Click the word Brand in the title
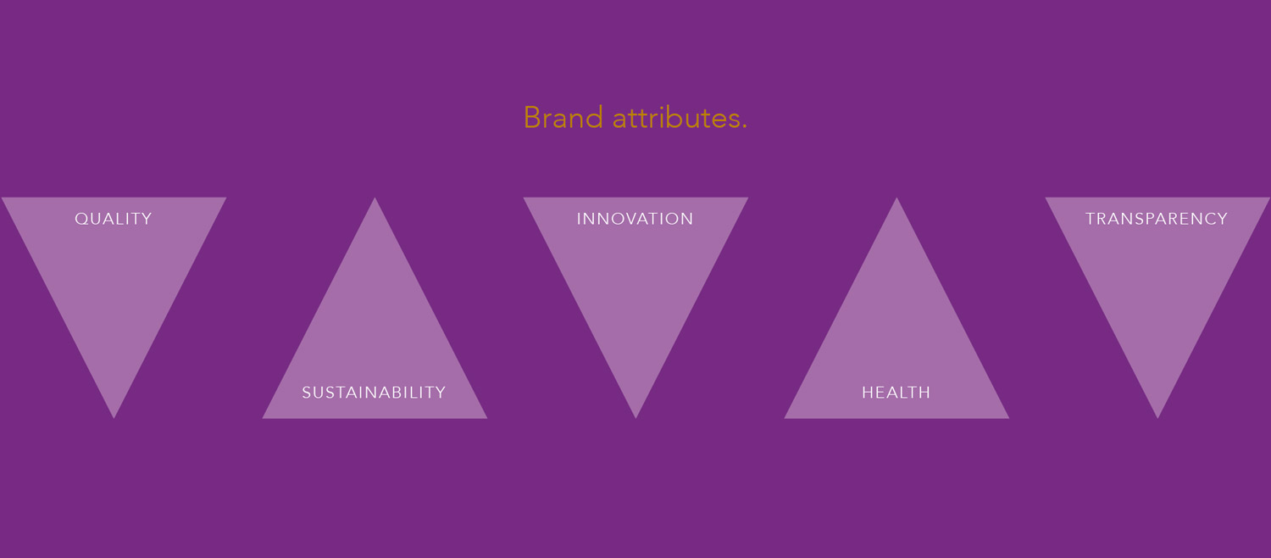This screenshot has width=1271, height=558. pos(563,118)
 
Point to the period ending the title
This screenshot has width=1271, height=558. pos(745,127)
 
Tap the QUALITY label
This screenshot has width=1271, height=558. pos(114,219)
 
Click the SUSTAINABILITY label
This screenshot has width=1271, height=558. pos(374,393)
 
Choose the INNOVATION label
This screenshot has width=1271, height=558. pos(635,219)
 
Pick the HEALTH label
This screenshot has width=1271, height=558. pos(896,393)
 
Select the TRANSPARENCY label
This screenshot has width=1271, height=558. pos(1157,219)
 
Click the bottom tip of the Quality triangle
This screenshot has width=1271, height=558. pos(114,418)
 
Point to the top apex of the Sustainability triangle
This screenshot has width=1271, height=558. pos(375,198)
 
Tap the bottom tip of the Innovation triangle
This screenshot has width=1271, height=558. pos(635,418)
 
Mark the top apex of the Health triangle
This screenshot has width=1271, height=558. pos(896,198)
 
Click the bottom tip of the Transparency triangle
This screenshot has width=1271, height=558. pos(1157,418)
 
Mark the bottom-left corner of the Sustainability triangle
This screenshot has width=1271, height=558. pos(262,418)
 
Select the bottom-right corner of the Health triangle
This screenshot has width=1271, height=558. pos(1009,418)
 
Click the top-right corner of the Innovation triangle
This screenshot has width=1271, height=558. pos(748,198)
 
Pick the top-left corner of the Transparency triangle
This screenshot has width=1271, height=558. pos(1045,198)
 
